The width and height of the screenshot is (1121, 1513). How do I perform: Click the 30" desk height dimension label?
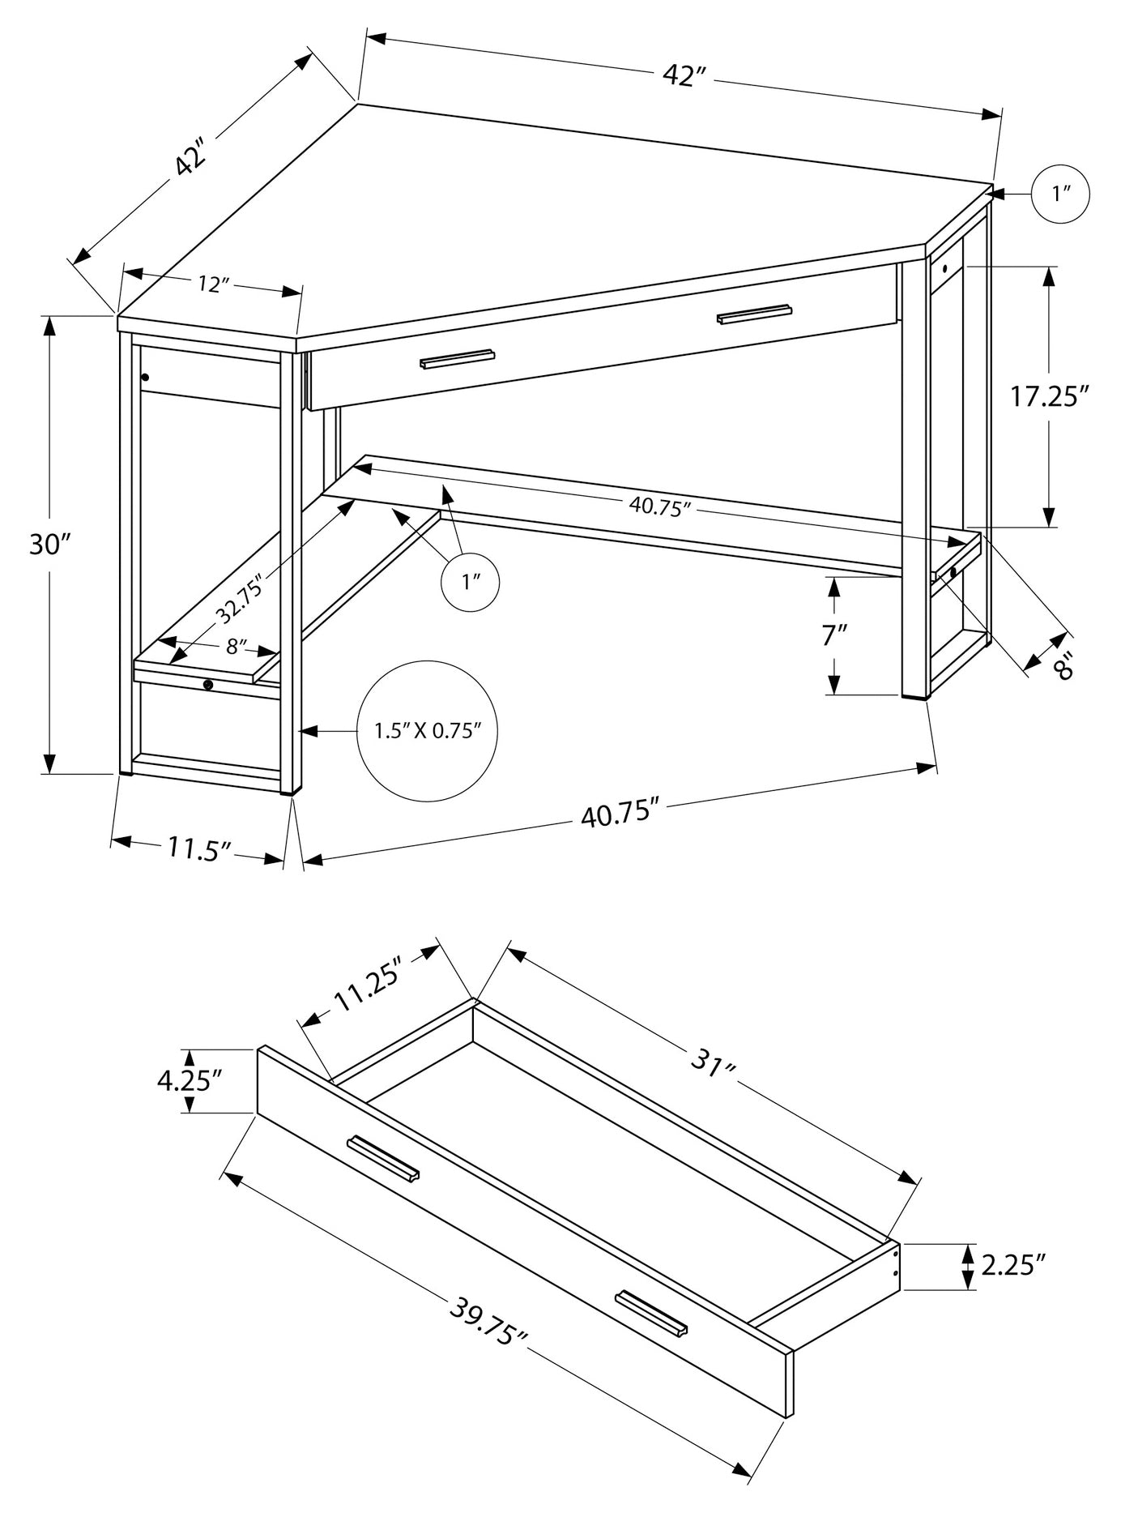46,545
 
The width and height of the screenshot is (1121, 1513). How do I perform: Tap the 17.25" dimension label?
1047,396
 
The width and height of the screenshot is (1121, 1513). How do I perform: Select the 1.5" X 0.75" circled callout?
428,731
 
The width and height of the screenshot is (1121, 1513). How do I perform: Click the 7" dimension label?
833,635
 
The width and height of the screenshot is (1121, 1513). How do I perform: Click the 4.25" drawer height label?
190,1080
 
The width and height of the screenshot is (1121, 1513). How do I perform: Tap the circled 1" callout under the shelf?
471,582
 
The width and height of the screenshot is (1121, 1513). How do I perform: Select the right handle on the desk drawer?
753,314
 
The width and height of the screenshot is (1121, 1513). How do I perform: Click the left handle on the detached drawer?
383,1159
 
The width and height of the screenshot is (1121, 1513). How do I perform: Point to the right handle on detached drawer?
650,1311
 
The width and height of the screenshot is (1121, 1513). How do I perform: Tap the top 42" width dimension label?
685,75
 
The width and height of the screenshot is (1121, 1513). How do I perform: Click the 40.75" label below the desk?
616,813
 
